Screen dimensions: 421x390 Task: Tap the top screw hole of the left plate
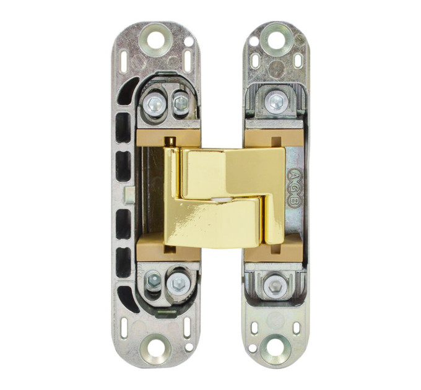tap(156, 39)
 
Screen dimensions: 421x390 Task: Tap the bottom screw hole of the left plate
tap(155, 349)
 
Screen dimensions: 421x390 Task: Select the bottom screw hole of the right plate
tap(276, 349)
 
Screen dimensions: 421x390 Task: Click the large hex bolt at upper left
tap(154, 103)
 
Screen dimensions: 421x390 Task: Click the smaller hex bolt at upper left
tap(181, 102)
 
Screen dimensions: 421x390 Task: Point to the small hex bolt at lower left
tap(154, 282)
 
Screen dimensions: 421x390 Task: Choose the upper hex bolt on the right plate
tap(276, 102)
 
